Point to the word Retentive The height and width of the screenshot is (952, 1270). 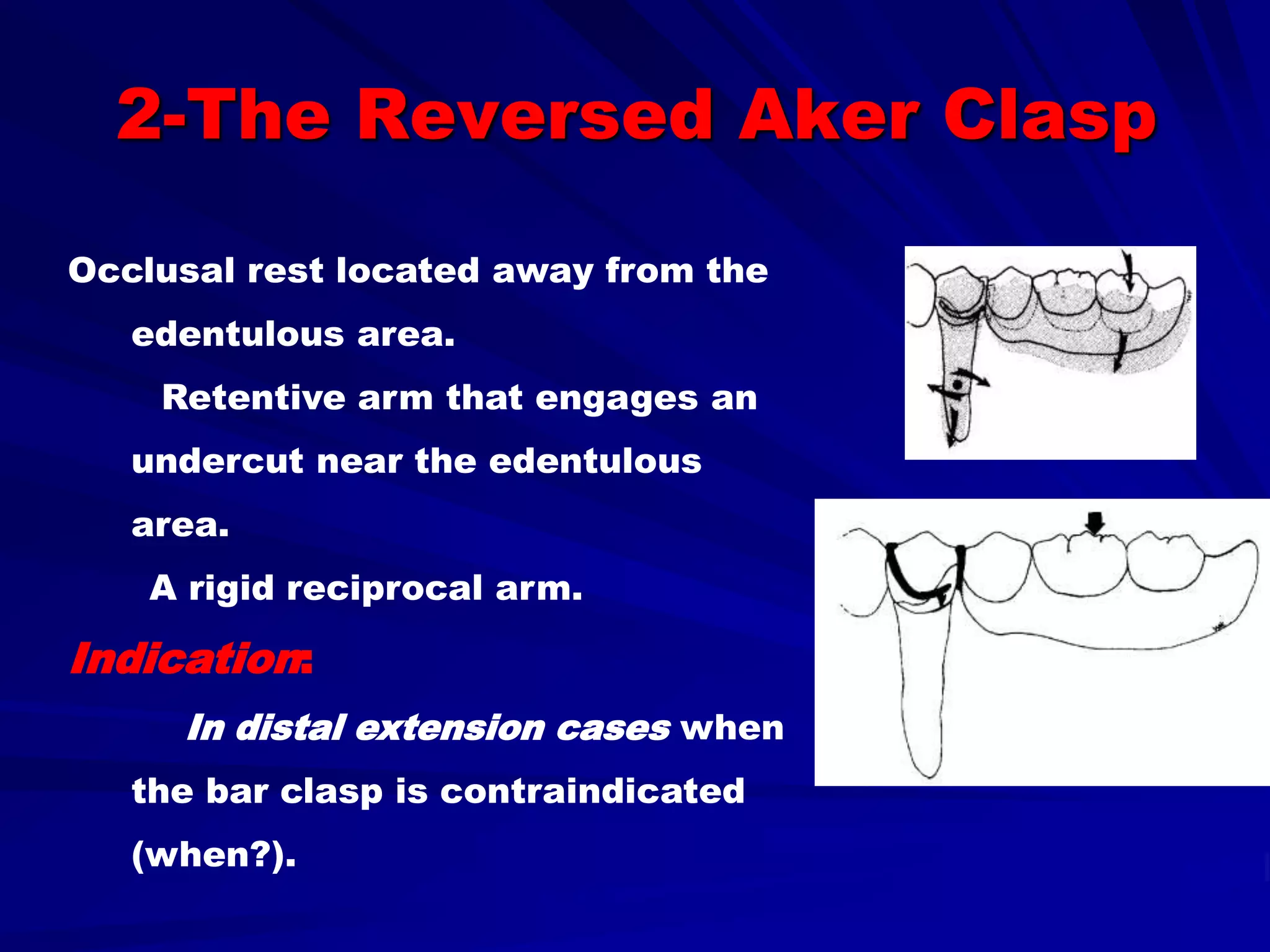(x=253, y=398)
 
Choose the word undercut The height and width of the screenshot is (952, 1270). (x=217, y=462)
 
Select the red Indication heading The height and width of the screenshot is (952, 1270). (x=186, y=659)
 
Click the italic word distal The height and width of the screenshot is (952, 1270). (x=290, y=728)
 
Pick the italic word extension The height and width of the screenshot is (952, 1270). (x=450, y=728)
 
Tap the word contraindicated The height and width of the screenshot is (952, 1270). (x=592, y=791)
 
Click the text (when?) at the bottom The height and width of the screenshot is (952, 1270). (x=211, y=855)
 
